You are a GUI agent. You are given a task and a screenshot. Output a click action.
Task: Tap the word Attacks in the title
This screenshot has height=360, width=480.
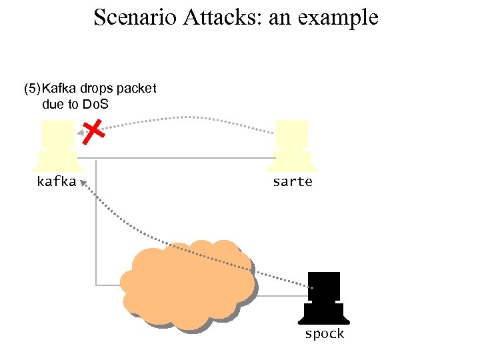click(x=213, y=17)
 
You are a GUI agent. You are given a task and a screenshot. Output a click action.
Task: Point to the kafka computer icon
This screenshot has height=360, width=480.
click(x=57, y=146)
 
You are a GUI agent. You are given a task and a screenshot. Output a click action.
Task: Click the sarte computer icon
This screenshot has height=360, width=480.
click(x=293, y=146)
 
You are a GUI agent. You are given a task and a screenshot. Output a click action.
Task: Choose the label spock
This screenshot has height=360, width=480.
click(x=325, y=333)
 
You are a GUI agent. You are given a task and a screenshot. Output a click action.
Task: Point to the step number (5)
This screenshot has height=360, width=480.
click(x=32, y=89)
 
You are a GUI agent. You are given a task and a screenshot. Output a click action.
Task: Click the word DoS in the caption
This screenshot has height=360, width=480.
click(x=96, y=104)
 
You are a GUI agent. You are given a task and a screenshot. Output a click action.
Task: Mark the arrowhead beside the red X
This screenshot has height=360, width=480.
click(x=80, y=135)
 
